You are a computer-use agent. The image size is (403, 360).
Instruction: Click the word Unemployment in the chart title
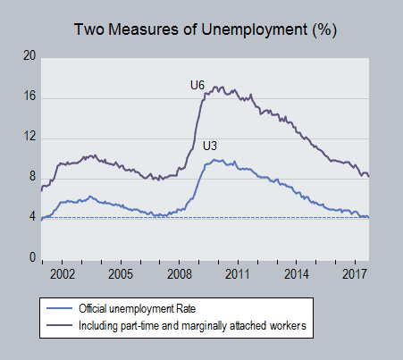255,30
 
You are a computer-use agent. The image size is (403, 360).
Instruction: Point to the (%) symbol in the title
324,30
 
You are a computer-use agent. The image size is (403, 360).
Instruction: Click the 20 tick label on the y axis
29,55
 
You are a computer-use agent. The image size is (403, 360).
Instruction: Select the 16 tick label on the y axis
29,96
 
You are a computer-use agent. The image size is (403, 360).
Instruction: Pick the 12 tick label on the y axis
29,137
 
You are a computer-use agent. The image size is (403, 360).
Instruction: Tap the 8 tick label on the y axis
32,177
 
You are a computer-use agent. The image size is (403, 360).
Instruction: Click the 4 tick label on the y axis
32,217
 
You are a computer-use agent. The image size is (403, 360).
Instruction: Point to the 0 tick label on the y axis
32,257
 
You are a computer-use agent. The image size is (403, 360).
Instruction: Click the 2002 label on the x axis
63,274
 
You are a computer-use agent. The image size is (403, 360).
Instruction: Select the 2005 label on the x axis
121,274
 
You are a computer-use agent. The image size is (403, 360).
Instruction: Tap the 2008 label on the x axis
180,274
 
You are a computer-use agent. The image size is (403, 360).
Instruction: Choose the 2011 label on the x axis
238,274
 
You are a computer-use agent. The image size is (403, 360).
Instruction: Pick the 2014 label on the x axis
297,274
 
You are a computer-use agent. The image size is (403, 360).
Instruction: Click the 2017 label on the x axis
354,274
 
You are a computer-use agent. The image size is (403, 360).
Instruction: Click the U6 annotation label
197,86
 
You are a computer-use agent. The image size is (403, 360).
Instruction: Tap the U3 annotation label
210,147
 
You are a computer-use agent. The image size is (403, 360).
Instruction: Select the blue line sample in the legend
59,308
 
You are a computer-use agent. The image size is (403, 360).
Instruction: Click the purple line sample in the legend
59,325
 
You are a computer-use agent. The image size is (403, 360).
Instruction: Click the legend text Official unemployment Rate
137,309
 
